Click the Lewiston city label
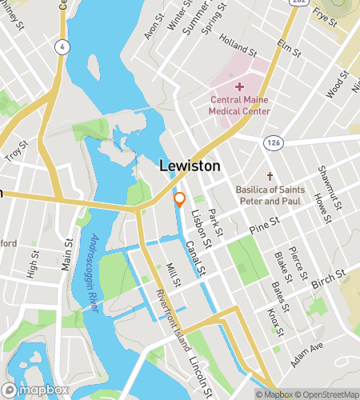pyautogui.click(x=190, y=166)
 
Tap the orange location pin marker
pyautogui.click(x=180, y=200)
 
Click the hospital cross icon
pyautogui.click(x=239, y=86)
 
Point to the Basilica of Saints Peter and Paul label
pyautogui.click(x=271, y=195)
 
